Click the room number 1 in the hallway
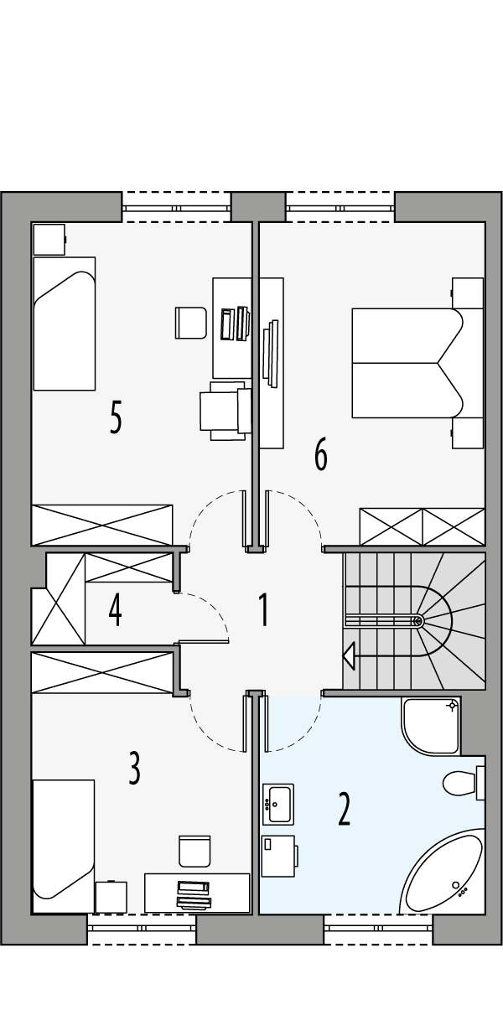263,609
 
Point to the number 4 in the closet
115,609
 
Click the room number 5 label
116,417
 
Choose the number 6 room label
320,454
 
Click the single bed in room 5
63,323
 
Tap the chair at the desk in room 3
194,849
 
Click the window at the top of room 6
340,208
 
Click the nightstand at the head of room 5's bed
49,238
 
